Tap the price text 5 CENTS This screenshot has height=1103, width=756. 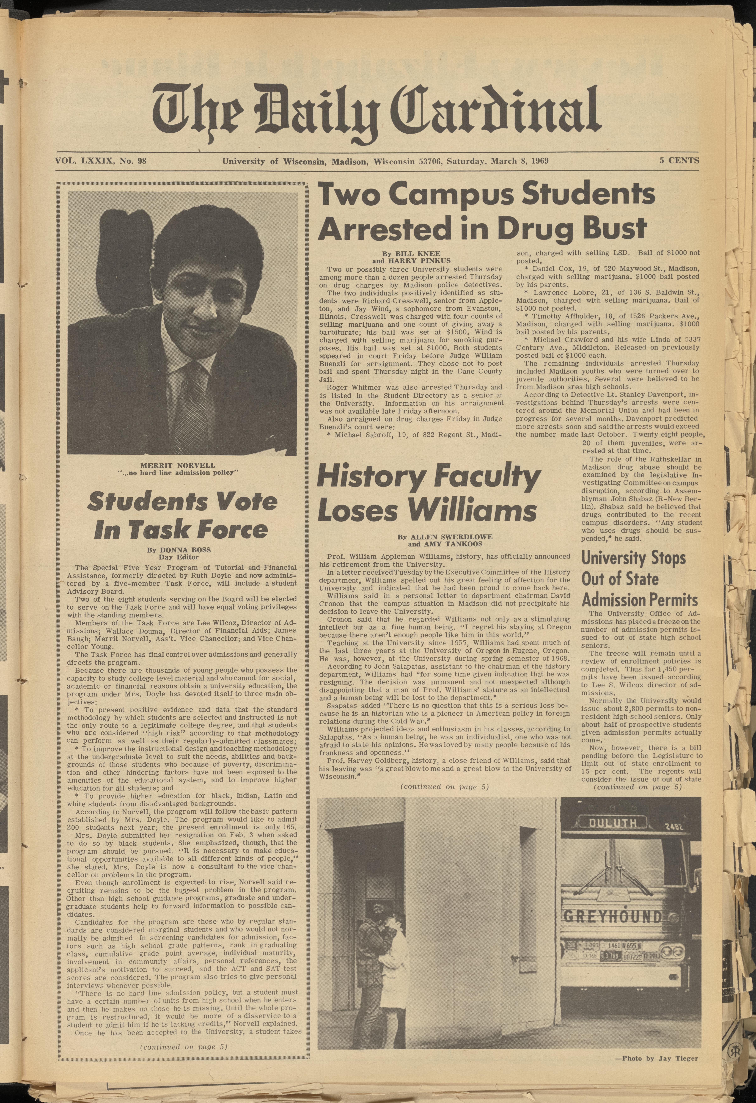click(679, 160)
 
